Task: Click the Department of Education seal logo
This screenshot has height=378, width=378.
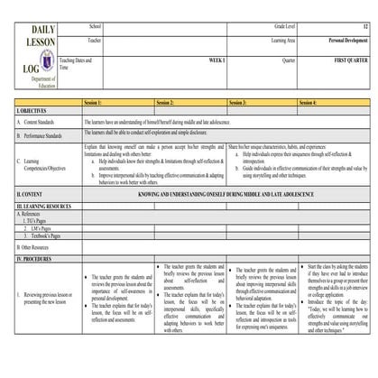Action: point(23,65)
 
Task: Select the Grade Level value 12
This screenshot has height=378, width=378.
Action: point(363,28)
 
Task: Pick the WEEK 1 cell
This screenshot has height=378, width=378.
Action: point(190,59)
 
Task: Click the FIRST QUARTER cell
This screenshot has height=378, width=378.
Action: point(346,59)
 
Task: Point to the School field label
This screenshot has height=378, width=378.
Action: point(94,28)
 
